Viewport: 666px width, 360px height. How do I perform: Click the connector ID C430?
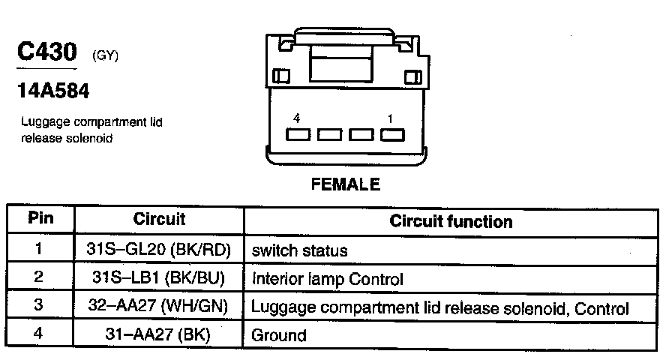point(48,53)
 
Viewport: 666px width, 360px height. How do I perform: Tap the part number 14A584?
point(52,91)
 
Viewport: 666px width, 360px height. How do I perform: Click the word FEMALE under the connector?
point(346,184)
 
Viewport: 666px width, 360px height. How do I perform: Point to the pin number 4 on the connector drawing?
point(297,118)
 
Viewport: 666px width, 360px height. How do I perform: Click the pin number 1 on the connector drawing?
point(391,118)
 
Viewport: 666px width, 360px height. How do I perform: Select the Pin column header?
point(40,219)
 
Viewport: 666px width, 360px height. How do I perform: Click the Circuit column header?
point(159,220)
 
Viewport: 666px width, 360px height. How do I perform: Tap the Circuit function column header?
point(451,221)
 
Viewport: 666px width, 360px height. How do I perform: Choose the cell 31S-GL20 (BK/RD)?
point(160,249)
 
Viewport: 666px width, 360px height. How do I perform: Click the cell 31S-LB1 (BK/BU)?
point(159,277)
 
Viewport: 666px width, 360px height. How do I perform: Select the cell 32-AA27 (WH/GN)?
point(160,307)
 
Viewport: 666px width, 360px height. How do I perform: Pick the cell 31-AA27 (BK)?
point(158,334)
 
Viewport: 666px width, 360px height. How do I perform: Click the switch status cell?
point(300,250)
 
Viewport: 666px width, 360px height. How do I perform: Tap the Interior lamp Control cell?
point(328,279)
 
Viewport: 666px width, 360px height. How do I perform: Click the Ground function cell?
point(279,335)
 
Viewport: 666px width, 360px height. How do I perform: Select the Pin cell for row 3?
point(40,307)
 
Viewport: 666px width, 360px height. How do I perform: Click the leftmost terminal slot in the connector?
point(298,135)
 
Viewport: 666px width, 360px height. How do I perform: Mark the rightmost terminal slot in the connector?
point(392,135)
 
